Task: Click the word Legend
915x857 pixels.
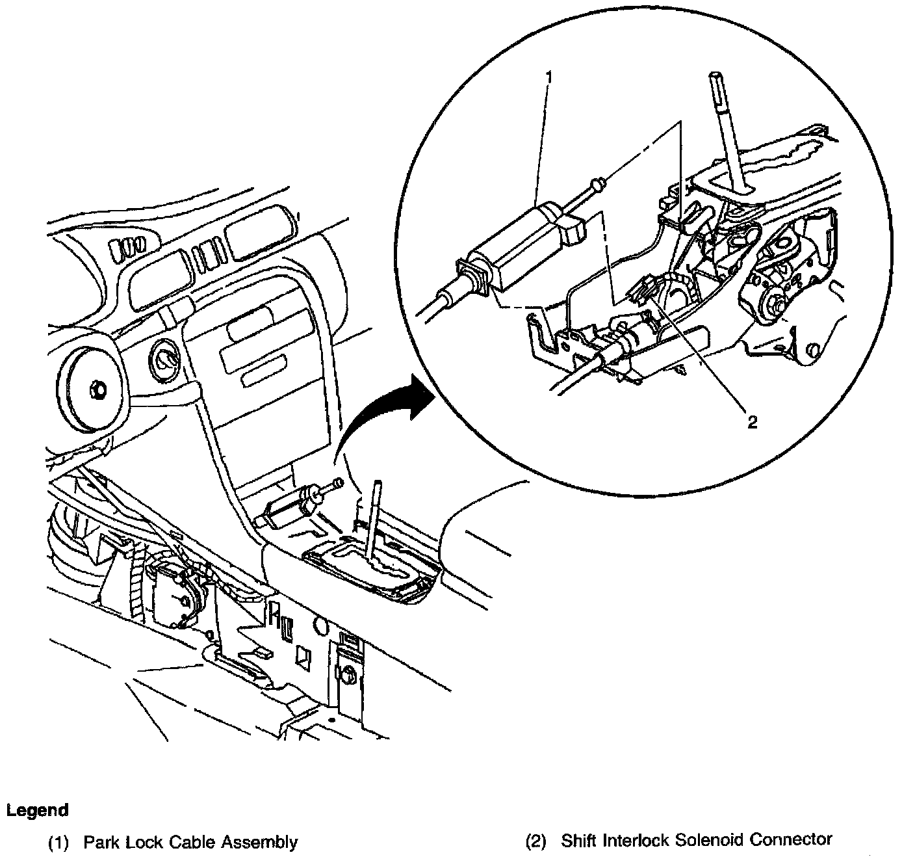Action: click(x=37, y=810)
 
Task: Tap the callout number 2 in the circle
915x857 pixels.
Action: click(x=753, y=422)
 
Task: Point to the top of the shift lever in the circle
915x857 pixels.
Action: click(x=716, y=75)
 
